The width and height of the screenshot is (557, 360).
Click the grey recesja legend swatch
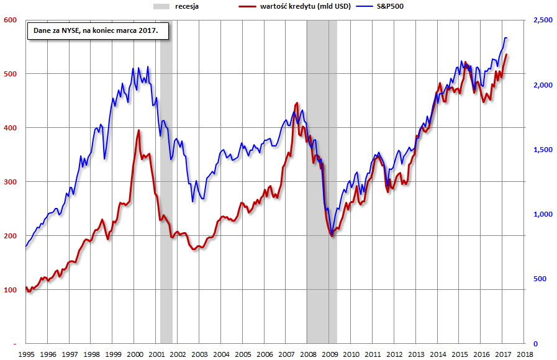pos(161,6)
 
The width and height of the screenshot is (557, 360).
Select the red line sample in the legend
pos(249,6)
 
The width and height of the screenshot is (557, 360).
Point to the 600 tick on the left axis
pos(11,20)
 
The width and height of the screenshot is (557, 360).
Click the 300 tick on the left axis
pos(11,182)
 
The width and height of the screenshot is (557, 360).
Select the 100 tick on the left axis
pos(11,290)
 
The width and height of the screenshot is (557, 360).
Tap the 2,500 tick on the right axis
pos(542,20)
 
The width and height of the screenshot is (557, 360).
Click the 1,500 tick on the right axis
pos(542,150)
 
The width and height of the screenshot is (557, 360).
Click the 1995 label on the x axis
pos(26,354)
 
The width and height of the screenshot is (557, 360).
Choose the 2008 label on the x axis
pos(308,354)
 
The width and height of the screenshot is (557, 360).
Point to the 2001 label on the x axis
pos(156,354)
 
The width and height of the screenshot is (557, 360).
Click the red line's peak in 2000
pos(138,130)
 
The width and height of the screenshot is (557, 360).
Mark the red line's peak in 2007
pos(297,103)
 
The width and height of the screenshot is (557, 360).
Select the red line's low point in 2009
pos(332,236)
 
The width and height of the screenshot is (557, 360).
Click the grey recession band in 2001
pos(166,186)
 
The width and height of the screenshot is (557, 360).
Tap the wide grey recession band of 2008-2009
pos(322,186)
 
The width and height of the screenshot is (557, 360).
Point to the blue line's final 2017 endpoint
pos(507,38)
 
